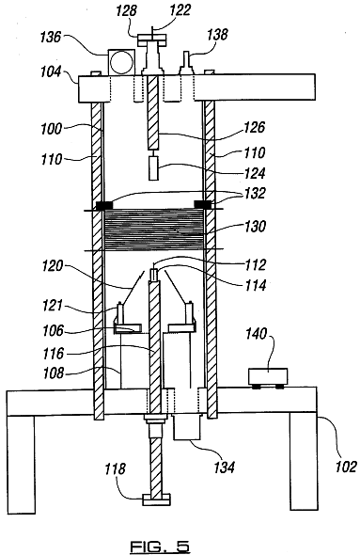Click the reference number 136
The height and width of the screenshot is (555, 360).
51,37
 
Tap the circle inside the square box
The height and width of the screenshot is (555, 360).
121,62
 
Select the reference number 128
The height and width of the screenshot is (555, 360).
127,10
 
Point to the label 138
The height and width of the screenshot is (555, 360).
217,35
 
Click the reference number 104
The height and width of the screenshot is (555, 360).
51,71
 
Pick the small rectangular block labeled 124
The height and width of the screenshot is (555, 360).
153,168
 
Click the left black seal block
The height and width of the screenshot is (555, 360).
104,204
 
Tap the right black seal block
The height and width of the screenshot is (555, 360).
203,204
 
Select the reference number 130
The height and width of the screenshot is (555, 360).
255,226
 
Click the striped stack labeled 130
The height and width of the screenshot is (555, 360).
154,229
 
